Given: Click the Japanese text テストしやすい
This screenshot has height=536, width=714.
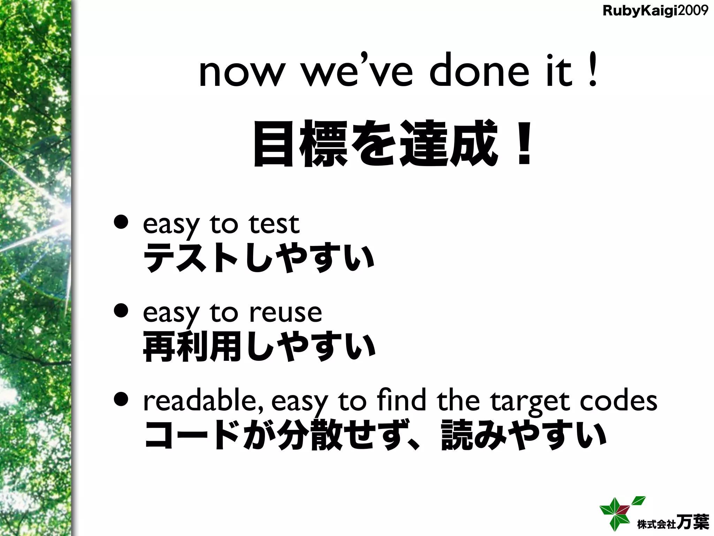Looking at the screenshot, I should [259, 258].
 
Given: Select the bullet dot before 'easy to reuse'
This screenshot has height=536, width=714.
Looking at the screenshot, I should [122, 311].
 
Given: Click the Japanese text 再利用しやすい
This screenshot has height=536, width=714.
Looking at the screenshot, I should [259, 347].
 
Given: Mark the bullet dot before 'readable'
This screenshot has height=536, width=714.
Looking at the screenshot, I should [122, 400].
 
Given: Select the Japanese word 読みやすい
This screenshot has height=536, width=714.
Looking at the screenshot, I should [523, 435].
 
